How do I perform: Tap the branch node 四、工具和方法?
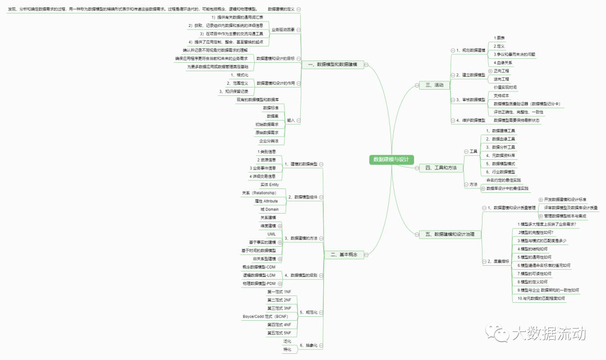coord(441,168)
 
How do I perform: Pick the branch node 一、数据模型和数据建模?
coord(337,65)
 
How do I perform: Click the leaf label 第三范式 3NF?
coord(279,308)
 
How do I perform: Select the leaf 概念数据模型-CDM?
coord(261,267)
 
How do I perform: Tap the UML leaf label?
coord(272,234)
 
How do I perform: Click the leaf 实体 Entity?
coord(269,184)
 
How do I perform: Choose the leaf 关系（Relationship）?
coord(259,193)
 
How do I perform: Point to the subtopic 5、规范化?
coord(308,312)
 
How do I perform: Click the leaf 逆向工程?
coord(502,79)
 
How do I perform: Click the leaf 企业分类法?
coord(268,141)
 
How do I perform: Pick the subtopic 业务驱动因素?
coord(283,29)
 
